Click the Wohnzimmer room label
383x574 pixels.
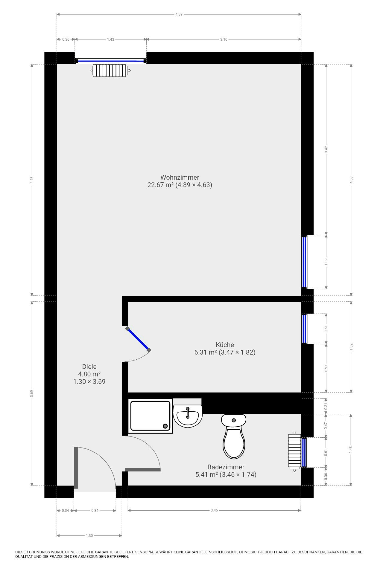180,177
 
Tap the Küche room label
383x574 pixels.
225,345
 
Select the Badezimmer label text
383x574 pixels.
226,467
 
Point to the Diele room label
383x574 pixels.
89,367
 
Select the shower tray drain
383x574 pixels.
165,426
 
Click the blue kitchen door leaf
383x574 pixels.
138,339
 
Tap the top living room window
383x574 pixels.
110,61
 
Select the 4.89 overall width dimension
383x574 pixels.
179,14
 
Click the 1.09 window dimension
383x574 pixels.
326,262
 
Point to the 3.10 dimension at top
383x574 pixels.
224,39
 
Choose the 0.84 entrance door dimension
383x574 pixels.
95,510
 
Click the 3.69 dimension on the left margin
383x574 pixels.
32,393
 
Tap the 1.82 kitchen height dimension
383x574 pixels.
351,347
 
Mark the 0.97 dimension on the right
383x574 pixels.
326,368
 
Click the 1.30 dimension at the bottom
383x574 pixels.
89,535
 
